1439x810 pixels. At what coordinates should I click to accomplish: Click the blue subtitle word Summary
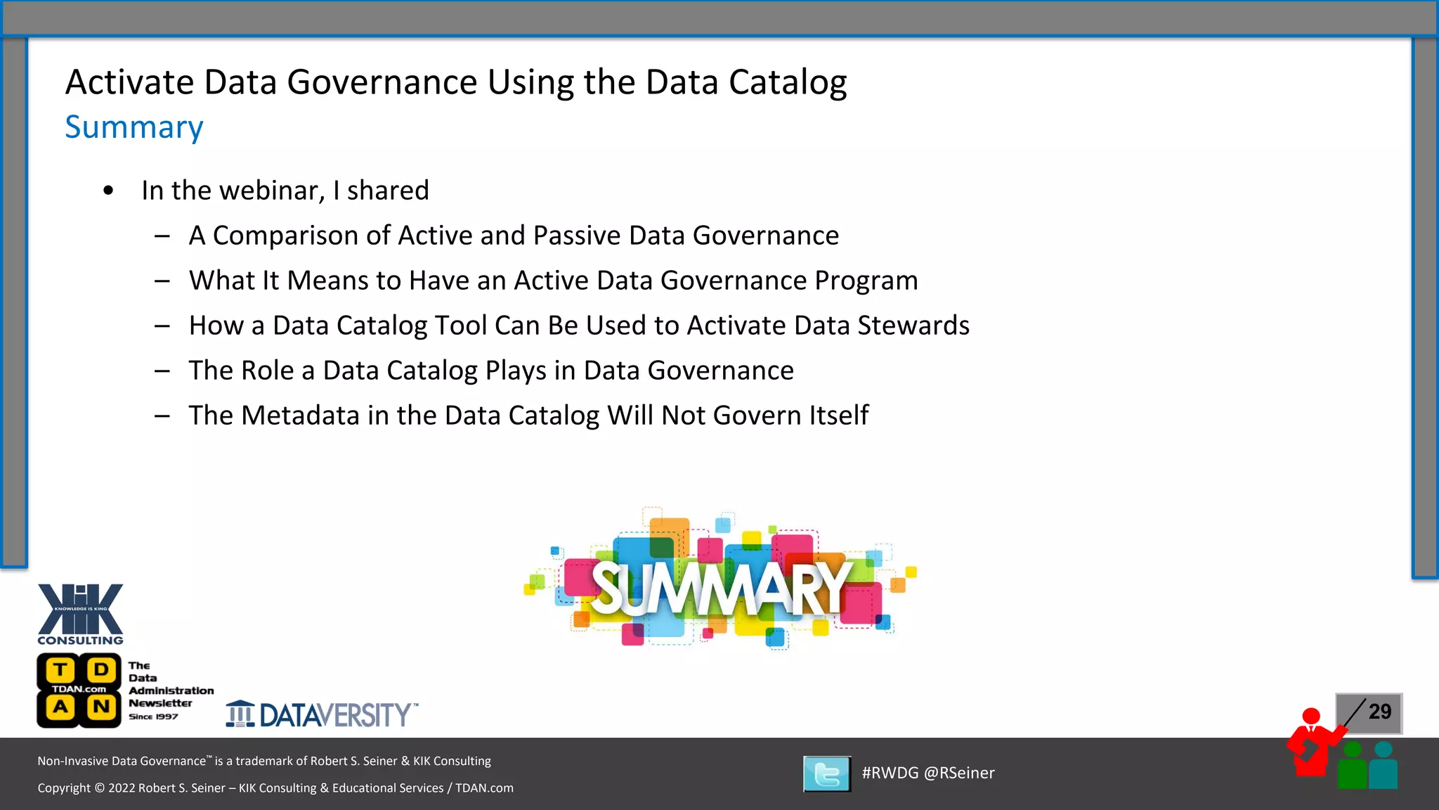tap(134, 127)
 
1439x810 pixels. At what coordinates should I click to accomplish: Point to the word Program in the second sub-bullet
tap(866, 281)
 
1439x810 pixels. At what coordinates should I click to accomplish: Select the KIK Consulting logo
tap(81, 614)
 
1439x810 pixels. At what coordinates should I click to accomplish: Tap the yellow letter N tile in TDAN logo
tap(101, 707)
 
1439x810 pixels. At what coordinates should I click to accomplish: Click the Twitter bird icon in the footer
tap(827, 774)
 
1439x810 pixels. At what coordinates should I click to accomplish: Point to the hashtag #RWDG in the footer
tap(890, 773)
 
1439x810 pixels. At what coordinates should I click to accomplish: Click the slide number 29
tap(1380, 712)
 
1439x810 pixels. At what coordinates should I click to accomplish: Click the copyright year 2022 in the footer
tap(122, 788)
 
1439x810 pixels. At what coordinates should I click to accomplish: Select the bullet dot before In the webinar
tap(108, 191)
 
